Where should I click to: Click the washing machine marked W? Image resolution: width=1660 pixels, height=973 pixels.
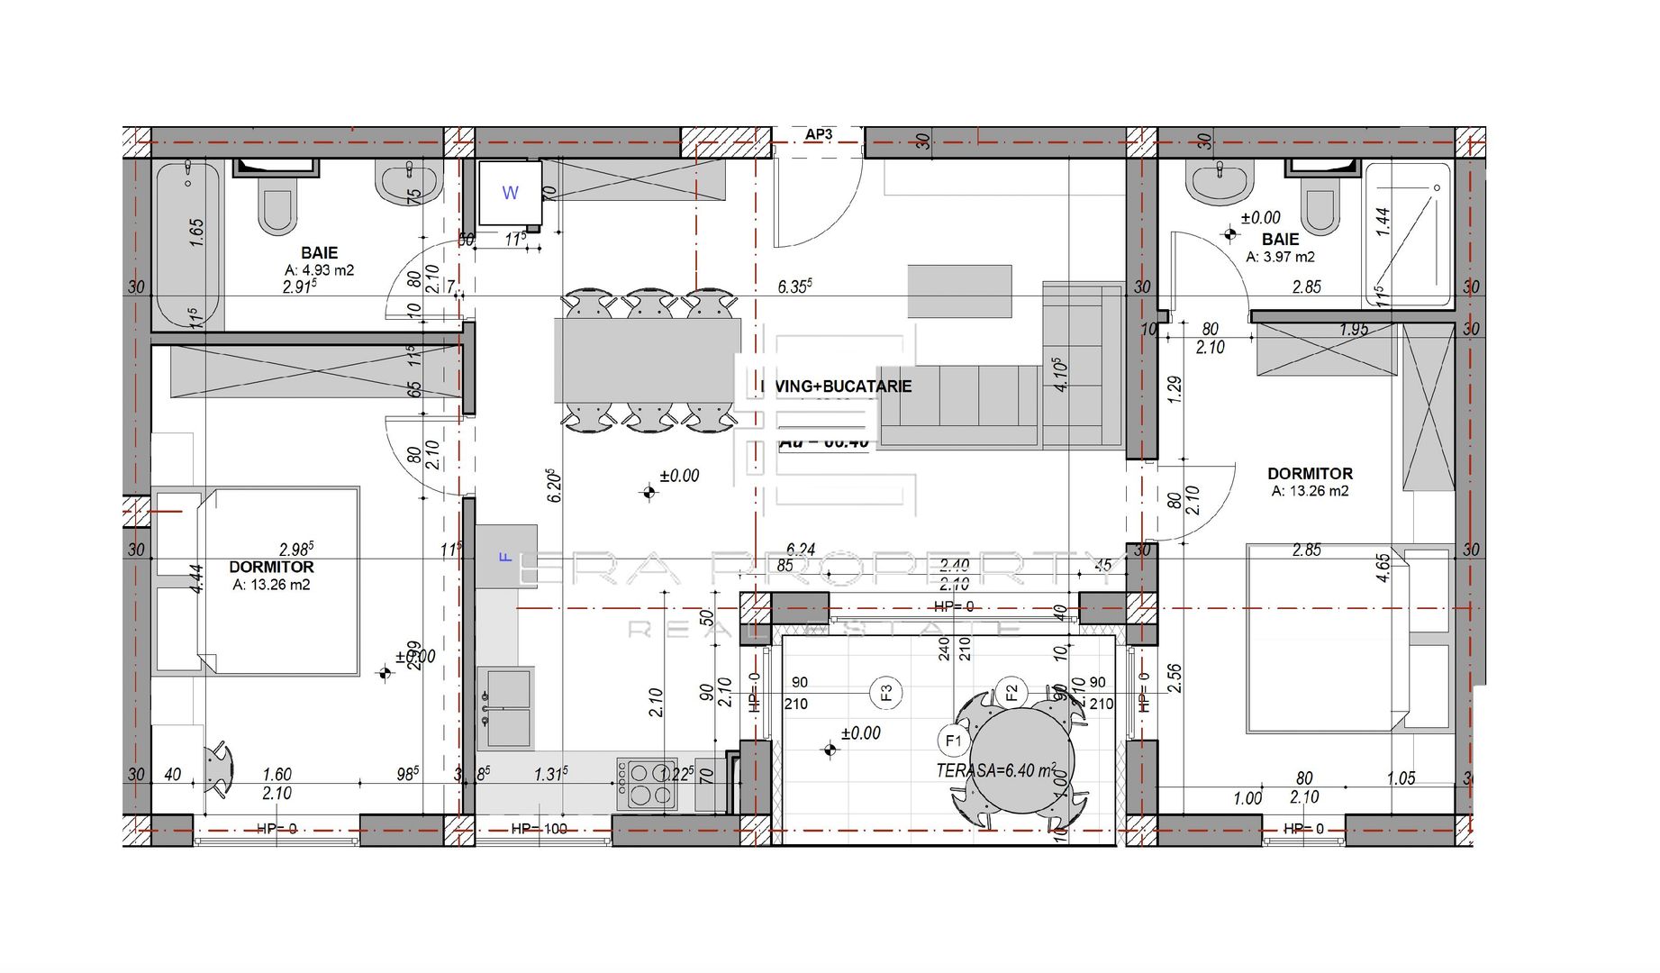coord(510,192)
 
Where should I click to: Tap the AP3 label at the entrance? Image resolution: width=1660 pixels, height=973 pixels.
coord(818,134)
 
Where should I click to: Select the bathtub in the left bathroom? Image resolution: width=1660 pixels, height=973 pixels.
coord(187,244)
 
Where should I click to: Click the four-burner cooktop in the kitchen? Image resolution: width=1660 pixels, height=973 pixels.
coord(648,784)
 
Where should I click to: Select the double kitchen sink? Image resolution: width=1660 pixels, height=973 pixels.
coord(505,707)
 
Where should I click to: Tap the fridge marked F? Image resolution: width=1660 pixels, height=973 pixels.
coord(506,557)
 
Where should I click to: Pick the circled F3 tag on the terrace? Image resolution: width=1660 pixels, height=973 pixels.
coord(886,692)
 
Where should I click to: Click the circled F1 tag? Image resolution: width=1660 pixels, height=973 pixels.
coord(953,741)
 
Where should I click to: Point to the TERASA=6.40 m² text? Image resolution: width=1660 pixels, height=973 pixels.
coord(995,770)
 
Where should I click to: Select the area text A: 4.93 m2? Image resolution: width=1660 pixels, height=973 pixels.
coord(319,269)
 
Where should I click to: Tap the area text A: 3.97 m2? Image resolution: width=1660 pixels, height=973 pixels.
coord(1280,257)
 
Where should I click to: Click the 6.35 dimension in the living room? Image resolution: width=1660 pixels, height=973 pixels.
coord(794,286)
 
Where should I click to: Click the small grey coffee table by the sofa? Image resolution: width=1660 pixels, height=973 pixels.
coord(959,291)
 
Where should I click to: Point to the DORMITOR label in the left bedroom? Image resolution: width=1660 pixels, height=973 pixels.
coord(271,567)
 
